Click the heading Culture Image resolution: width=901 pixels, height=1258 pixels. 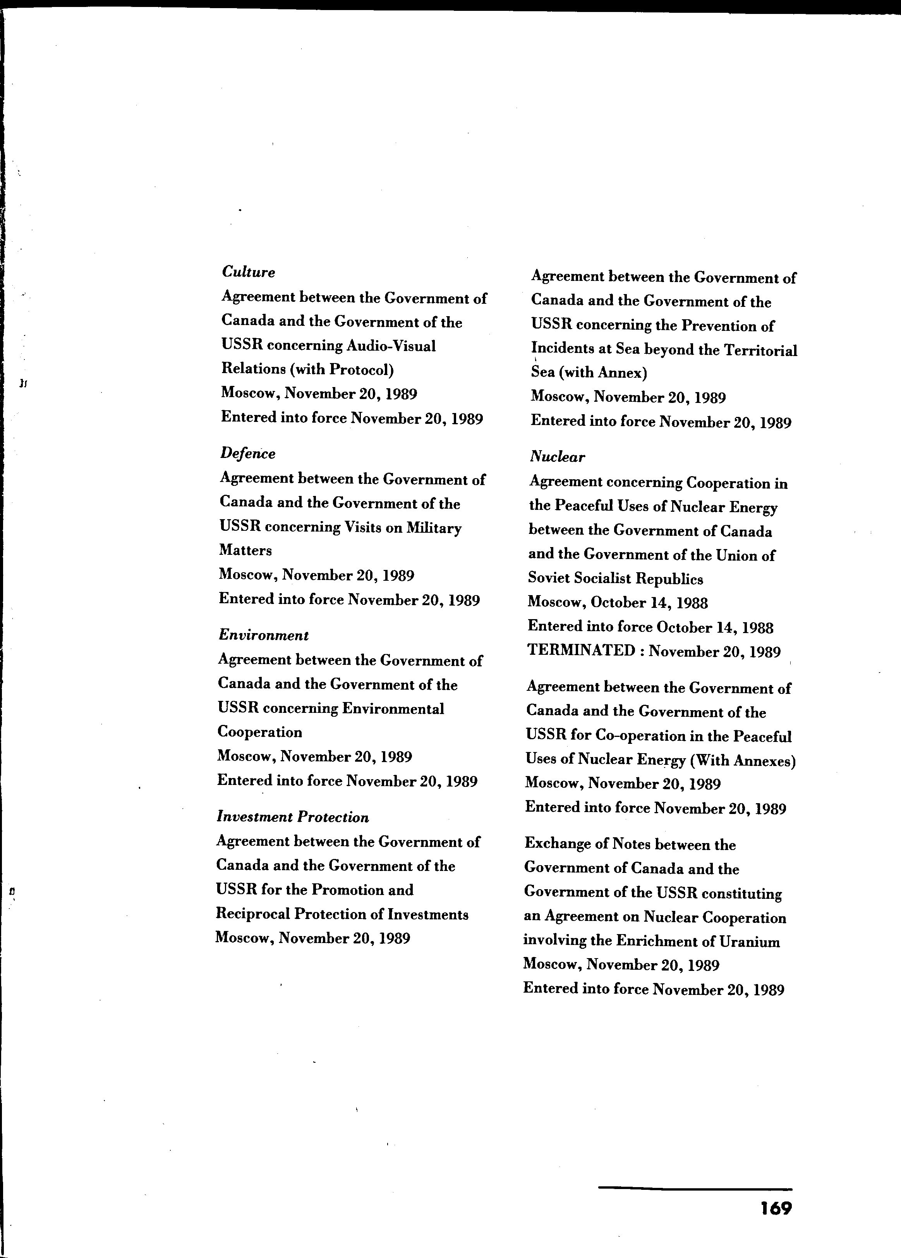click(x=249, y=272)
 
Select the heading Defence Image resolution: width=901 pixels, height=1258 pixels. click(x=247, y=453)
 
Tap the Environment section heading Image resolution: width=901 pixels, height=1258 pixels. click(x=263, y=635)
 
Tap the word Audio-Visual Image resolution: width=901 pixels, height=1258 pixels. click(x=391, y=346)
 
